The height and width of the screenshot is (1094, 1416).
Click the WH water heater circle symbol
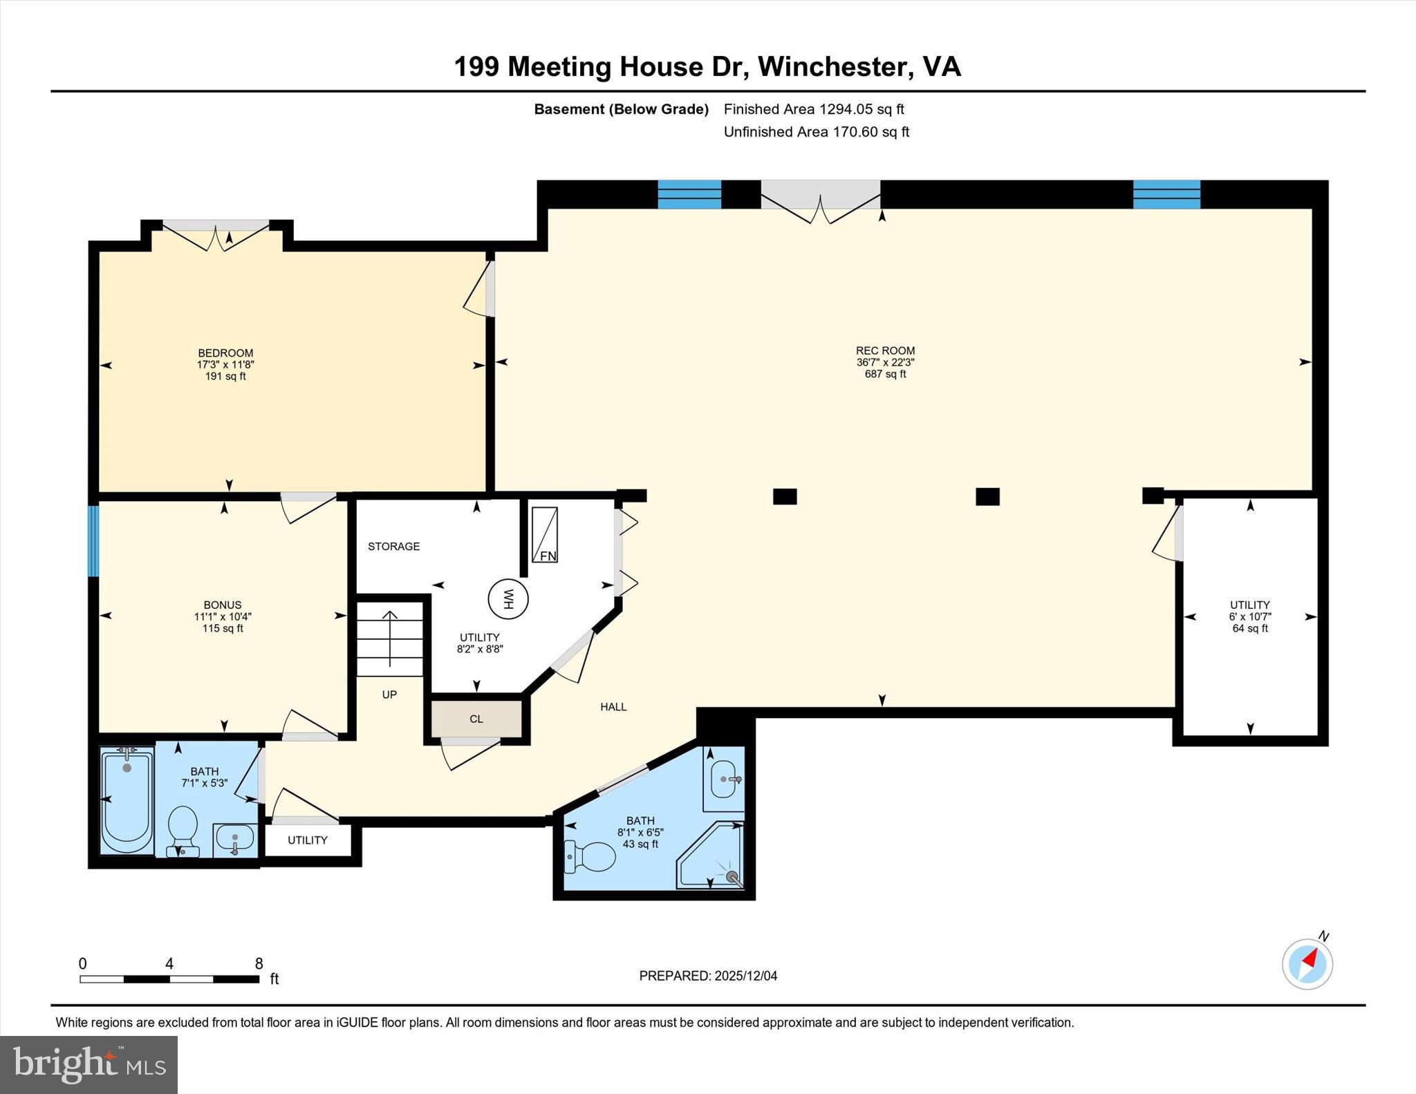(x=508, y=598)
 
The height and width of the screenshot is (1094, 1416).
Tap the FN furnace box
(x=544, y=535)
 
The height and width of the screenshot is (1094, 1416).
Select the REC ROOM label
(x=885, y=351)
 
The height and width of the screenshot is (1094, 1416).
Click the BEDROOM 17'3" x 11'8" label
(x=225, y=364)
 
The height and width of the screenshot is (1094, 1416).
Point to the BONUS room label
(x=223, y=605)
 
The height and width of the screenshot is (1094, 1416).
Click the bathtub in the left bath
(x=127, y=801)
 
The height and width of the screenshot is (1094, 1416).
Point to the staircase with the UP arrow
(x=390, y=639)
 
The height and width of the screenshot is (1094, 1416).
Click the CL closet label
(x=476, y=719)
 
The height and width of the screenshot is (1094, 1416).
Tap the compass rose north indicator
(x=1307, y=963)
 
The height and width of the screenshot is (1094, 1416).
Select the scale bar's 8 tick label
(x=259, y=963)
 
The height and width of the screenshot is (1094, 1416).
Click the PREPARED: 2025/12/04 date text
(x=708, y=976)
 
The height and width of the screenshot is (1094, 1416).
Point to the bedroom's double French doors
(x=216, y=234)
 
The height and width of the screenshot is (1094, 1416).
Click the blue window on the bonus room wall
(x=93, y=541)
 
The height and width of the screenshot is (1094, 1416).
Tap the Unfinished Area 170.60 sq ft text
(x=816, y=132)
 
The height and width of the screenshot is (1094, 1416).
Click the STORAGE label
(x=393, y=547)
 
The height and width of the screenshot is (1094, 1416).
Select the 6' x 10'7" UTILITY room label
(x=1249, y=616)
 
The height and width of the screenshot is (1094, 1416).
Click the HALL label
(x=613, y=707)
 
